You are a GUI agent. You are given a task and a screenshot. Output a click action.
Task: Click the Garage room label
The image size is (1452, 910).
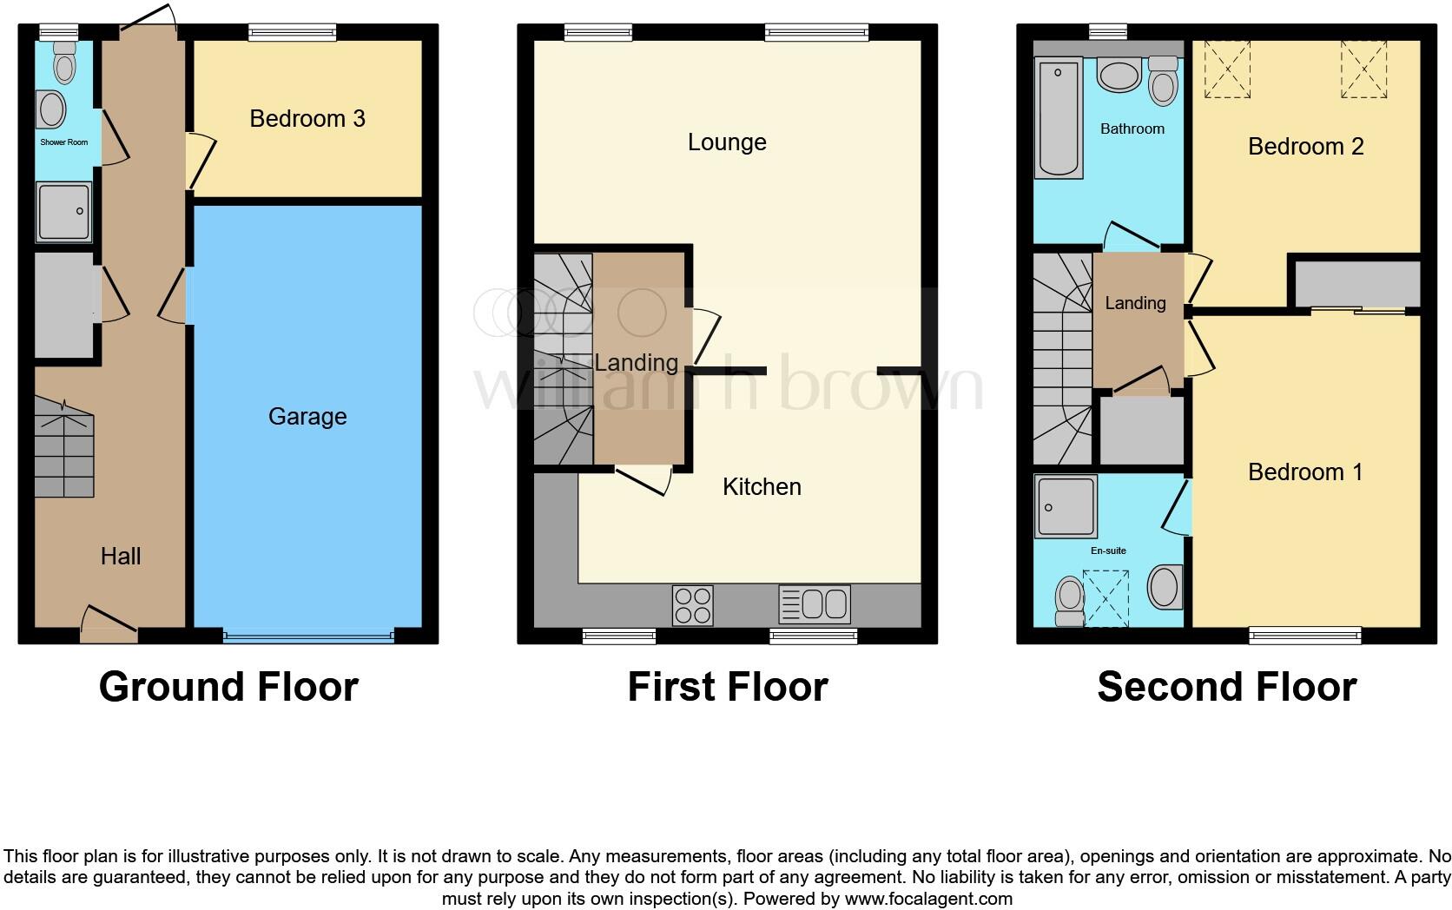(x=307, y=417)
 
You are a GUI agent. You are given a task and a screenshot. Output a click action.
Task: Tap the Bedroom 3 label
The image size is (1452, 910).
(x=307, y=119)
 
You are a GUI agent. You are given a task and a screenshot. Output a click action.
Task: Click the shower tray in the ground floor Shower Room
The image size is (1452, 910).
(x=63, y=211)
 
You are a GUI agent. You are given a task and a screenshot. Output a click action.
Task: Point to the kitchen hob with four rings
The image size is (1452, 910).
(x=693, y=604)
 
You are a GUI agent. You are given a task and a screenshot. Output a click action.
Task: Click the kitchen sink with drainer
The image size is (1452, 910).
(x=814, y=604)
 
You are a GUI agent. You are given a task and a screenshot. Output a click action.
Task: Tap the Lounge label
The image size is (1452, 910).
(x=727, y=142)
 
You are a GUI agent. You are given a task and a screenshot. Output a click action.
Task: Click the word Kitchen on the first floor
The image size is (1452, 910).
(x=762, y=487)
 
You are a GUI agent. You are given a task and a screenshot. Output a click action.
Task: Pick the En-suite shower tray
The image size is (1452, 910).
(x=1066, y=506)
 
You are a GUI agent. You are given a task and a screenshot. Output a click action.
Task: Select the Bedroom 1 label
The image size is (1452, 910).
(x=1305, y=472)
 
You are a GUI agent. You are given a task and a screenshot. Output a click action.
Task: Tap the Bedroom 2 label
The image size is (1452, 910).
(x=1305, y=147)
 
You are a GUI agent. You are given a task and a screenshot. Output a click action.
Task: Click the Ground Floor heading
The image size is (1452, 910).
(x=228, y=687)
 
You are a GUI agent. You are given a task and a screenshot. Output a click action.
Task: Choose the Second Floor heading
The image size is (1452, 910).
(x=1226, y=687)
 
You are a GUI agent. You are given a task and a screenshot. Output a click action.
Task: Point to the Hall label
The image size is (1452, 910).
(x=121, y=557)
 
